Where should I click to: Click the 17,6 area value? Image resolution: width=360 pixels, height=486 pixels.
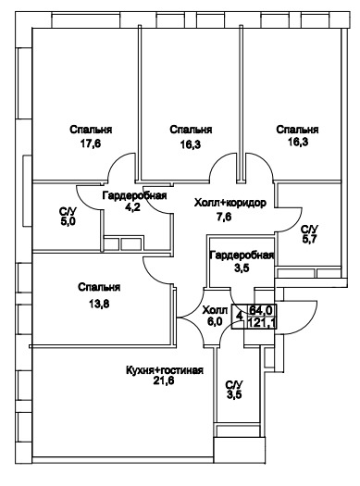[91, 143]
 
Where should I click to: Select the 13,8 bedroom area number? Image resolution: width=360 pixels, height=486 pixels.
[99, 304]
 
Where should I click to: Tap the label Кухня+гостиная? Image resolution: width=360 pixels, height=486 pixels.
[165, 370]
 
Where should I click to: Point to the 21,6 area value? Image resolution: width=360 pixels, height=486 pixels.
[164, 380]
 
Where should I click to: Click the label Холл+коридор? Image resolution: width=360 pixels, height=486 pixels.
[230, 203]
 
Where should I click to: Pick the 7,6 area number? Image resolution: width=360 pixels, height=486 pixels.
[224, 217]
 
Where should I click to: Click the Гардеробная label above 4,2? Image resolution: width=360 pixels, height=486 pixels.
[135, 196]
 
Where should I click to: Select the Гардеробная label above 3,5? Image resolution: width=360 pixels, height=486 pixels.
[242, 255]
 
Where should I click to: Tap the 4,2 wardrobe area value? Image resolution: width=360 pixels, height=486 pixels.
[133, 206]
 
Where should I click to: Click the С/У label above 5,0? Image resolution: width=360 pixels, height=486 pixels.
[68, 212]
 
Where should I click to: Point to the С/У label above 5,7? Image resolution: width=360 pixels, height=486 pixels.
[310, 230]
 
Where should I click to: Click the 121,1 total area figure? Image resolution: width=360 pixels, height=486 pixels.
[262, 323]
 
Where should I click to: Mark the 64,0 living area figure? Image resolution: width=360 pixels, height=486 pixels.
[261, 309]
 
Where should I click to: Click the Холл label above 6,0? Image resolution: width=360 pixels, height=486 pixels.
[215, 310]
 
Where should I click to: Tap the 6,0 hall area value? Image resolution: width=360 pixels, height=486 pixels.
[215, 321]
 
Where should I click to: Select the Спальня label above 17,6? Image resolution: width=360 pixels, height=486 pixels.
[91, 130]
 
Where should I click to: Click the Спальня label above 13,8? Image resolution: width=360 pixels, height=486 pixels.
[99, 287]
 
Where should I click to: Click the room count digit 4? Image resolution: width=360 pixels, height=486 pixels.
[239, 317]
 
